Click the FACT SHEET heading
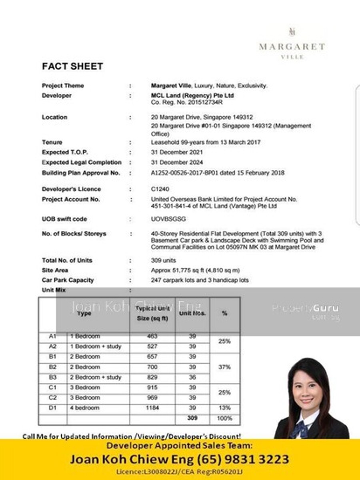point(72,66)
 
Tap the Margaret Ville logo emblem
point(292,32)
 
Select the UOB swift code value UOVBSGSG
point(168,219)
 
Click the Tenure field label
point(52,142)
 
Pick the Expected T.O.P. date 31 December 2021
point(177,152)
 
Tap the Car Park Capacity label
point(68,280)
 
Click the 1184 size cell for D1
point(152,408)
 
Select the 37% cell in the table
point(224,367)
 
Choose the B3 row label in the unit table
point(52,377)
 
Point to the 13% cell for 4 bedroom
point(224,408)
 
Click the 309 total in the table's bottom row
point(192,418)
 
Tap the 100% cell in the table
point(224,418)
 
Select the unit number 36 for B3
point(192,377)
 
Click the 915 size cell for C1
point(152,387)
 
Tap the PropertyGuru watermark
point(306,308)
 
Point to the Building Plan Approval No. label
point(81,173)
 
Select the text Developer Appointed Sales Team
point(180,445)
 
